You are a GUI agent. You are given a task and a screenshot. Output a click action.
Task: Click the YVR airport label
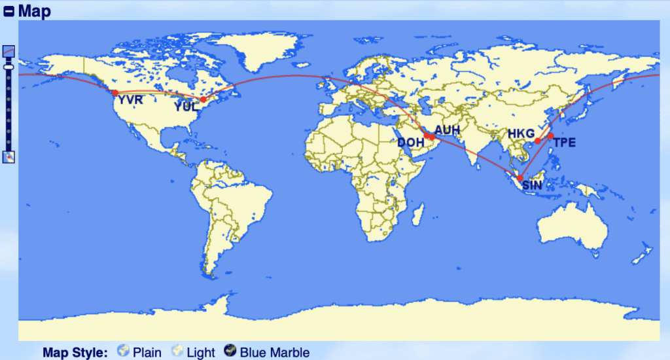tap(130, 100)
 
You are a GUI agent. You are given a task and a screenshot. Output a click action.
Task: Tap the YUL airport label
tap(186, 107)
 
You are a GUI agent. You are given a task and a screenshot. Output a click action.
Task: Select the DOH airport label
tap(411, 143)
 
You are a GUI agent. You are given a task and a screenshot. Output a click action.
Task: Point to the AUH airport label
tap(448, 130)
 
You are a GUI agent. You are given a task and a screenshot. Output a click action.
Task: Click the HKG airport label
tap(521, 134)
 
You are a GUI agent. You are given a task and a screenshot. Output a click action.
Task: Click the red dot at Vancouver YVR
tap(115, 93)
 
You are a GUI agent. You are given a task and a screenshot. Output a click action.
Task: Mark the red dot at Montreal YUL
tap(203, 99)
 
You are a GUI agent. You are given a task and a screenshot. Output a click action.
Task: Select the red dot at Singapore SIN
tap(520, 178)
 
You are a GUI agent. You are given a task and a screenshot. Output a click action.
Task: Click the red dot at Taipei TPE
tap(551, 136)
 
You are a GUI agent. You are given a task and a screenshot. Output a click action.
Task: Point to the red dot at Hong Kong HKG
tap(537, 141)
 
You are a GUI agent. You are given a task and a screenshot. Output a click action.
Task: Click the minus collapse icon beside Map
tap(9, 11)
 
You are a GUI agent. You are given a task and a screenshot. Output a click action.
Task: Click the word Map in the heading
tap(34, 11)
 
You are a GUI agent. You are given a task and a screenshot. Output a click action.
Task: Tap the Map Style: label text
tap(75, 352)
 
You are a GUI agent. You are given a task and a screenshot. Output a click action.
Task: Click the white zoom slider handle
tap(9, 66)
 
